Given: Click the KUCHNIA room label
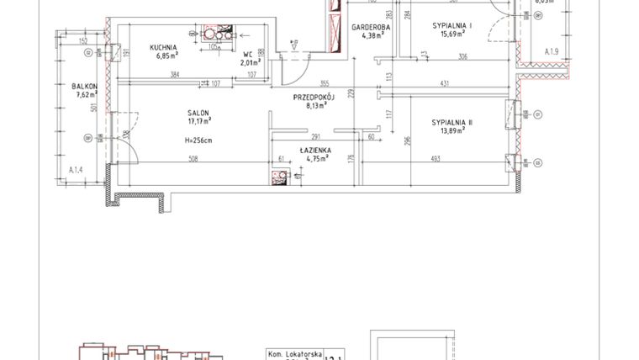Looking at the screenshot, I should pyautogui.click(x=163, y=47).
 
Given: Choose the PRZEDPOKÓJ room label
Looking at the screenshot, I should pyautogui.click(x=314, y=98).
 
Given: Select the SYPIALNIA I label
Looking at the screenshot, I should pyautogui.click(x=452, y=27).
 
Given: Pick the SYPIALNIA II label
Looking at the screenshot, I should pyautogui.click(x=452, y=123).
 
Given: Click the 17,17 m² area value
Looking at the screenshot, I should pyautogui.click(x=199, y=122).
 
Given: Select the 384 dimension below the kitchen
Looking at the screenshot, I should pyautogui.click(x=176, y=75).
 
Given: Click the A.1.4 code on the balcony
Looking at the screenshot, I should pyautogui.click(x=76, y=170).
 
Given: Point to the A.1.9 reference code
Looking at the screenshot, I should pyautogui.click(x=552, y=52).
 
